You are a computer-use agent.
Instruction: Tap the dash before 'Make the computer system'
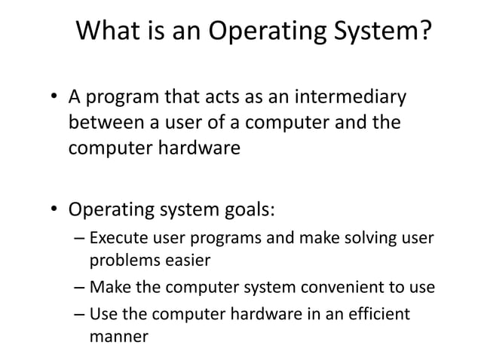coord(81,288)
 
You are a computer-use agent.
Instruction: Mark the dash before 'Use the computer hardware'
coord(81,313)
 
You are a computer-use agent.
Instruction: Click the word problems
coord(121,262)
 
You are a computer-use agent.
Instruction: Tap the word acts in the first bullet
coord(217,99)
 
